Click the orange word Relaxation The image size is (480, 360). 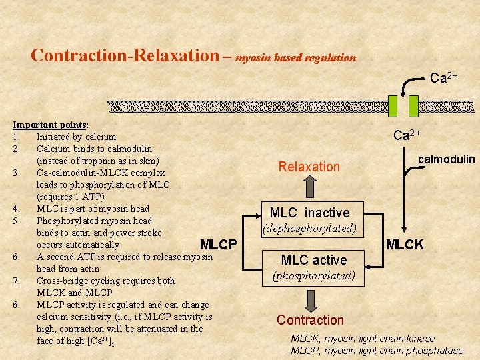pos(309,167)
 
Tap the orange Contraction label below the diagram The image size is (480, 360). pos(310,320)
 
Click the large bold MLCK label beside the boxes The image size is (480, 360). pos(405,245)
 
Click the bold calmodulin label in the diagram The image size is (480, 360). pos(446,159)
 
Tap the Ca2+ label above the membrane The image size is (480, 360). pos(443,78)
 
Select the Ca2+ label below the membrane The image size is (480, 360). pos(407,135)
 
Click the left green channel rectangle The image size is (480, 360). pos(393,106)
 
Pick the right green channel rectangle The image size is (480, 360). pos(413,106)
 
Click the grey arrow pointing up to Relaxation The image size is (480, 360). pos(309,189)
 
